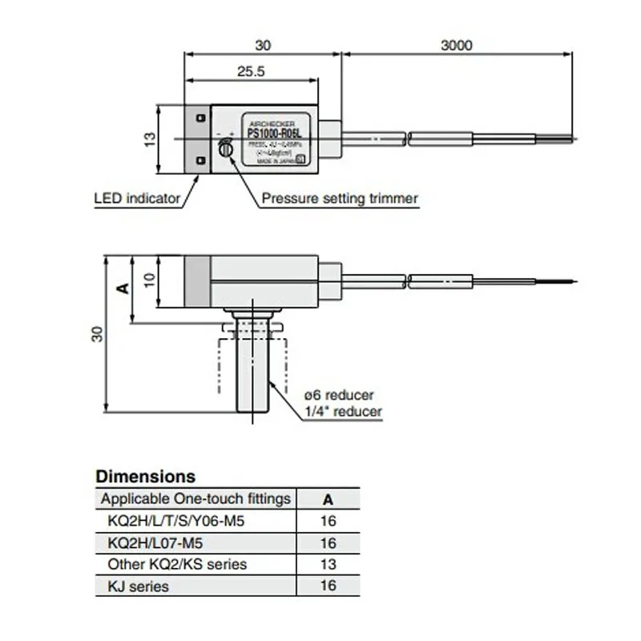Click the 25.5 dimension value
[251, 71]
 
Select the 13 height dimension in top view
[150, 139]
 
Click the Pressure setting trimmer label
[340, 198]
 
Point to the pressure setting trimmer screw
[226, 147]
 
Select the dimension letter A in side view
[122, 288]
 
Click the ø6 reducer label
[339, 395]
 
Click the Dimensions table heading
[145, 477]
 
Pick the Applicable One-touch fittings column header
[196, 499]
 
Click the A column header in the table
[327, 499]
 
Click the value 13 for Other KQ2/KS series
[327, 564]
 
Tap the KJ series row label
[138, 587]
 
